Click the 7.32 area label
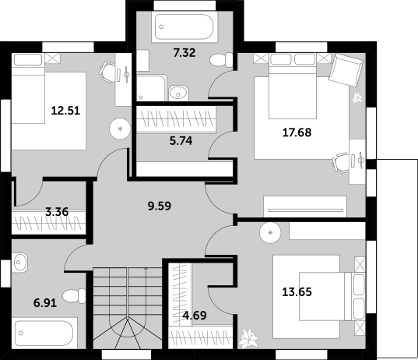(184, 53)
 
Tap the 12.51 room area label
(65, 111)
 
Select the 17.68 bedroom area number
(297, 132)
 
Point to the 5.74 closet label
(181, 141)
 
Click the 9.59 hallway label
(160, 206)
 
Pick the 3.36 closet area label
(57, 212)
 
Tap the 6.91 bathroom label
(45, 303)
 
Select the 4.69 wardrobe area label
(195, 316)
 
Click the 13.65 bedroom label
(297, 292)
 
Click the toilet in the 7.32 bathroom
(221, 60)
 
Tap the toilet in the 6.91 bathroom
(74, 296)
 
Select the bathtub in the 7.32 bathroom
(184, 27)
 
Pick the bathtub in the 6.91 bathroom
(44, 333)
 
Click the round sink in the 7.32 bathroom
(178, 94)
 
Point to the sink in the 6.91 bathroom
(19, 263)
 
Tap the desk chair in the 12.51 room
(107, 72)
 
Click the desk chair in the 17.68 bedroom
(340, 162)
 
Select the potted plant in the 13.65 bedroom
(248, 338)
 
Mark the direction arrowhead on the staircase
(146, 269)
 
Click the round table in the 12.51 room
(120, 129)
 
